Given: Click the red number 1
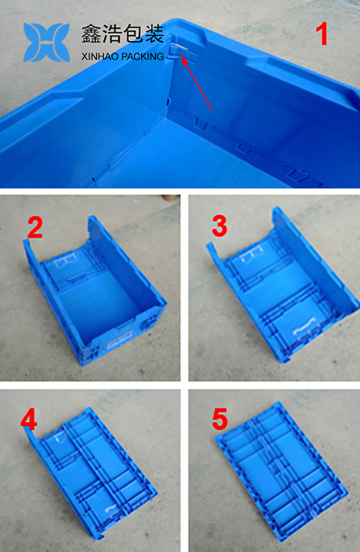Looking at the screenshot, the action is (x=321, y=34).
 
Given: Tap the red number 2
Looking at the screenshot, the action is (x=35, y=227).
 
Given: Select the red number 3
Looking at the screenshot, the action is (x=219, y=226).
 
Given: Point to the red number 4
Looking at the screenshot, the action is (x=28, y=420).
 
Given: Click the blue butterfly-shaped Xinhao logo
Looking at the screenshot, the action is (x=46, y=42).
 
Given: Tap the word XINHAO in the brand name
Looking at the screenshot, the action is (x=99, y=57).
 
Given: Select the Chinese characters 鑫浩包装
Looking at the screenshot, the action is (x=123, y=34).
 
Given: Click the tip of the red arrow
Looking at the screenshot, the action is (x=180, y=55).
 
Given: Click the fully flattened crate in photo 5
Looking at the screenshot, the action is (x=281, y=473).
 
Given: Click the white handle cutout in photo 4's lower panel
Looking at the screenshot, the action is (x=111, y=510).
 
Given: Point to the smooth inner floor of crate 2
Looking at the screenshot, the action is (x=98, y=302).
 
